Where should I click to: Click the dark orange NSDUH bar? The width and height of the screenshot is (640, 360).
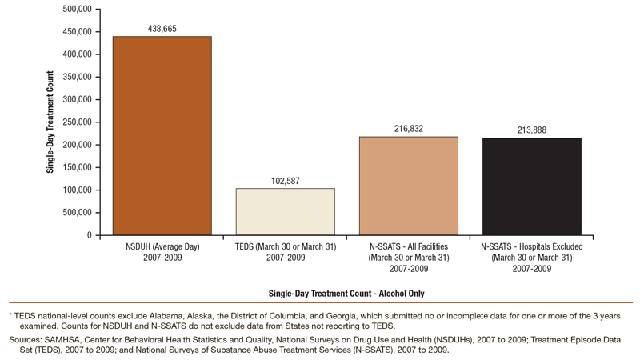point(162,135)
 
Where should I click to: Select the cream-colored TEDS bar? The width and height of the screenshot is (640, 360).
point(286,211)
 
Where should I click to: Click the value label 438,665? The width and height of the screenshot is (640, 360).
point(162,29)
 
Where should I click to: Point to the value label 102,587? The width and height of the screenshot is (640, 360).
point(286,181)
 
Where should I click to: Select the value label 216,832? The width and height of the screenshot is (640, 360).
point(409,129)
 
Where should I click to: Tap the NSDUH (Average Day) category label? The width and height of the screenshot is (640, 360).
point(162,251)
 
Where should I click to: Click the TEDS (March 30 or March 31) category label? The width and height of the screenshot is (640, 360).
point(286,251)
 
